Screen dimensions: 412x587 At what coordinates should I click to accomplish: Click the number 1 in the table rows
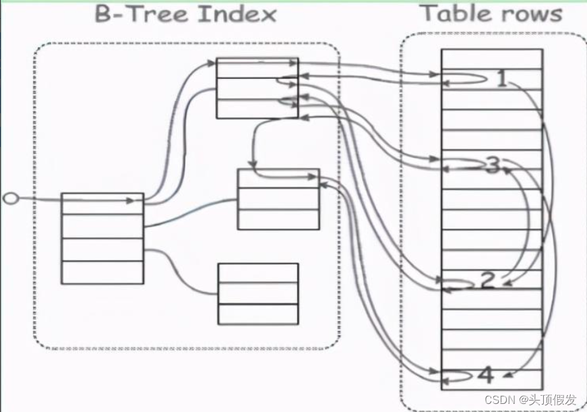point(501,80)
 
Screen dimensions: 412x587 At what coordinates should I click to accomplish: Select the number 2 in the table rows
point(488,281)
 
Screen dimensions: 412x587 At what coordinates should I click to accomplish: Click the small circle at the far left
point(9,198)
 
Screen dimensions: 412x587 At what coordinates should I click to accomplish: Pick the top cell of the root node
point(102,204)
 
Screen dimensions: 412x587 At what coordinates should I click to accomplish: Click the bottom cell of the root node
point(102,272)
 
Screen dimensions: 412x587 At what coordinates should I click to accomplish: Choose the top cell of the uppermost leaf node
point(257,67)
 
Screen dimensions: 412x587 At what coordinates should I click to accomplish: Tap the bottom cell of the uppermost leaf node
point(257,108)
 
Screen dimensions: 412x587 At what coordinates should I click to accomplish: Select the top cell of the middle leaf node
point(278,178)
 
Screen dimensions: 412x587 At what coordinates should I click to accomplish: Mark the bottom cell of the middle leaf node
point(278,219)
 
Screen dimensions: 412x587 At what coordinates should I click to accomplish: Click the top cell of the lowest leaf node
point(257,273)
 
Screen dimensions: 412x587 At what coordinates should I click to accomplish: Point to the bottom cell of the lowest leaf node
point(257,314)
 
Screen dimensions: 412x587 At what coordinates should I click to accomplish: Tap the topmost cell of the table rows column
point(492,55)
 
